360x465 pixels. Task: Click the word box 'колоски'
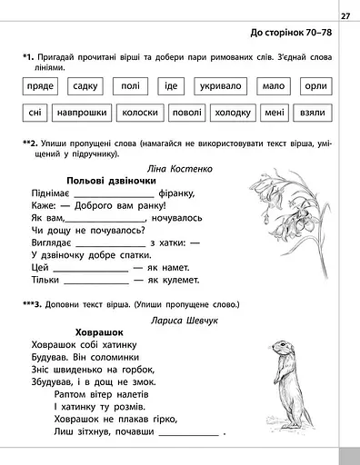pyautogui.click(x=139, y=114)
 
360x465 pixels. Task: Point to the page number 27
pyautogui.click(x=345, y=15)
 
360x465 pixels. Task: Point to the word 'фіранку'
pyautogui.click(x=185, y=193)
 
